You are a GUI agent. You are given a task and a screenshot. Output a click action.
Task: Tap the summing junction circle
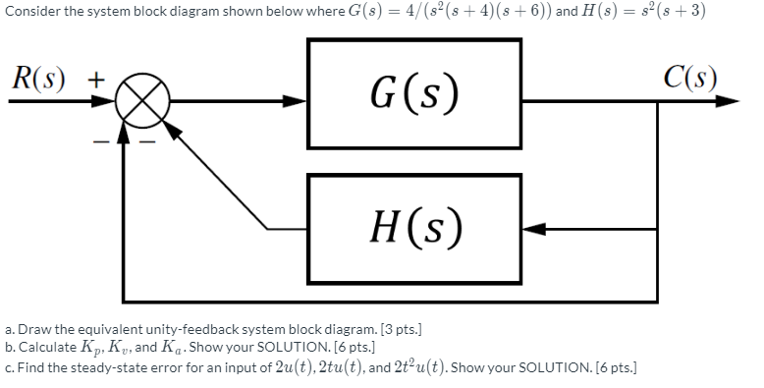pos(141,101)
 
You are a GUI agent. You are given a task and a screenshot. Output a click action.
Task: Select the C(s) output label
pos(689,77)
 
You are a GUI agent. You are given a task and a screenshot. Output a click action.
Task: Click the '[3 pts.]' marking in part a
pos(393,331)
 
